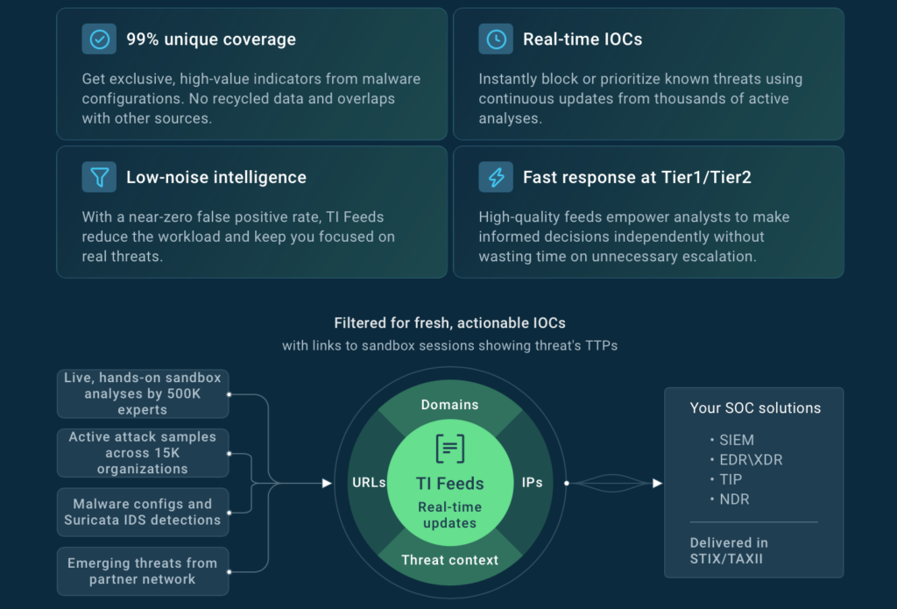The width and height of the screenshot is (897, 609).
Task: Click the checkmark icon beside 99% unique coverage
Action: coord(99,39)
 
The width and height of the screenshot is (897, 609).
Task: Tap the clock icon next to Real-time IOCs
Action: coord(496,39)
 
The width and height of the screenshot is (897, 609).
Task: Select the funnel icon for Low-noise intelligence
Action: coord(99,177)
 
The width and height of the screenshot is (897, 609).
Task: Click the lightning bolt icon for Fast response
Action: coord(496,177)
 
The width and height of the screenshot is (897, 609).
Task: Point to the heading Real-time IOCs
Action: coord(582,39)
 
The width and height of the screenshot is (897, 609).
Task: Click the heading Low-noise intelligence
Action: coord(215,177)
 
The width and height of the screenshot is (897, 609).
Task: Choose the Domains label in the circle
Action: coord(449,405)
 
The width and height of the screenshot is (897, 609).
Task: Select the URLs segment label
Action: coord(369,483)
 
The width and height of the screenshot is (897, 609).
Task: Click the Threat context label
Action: coord(449,560)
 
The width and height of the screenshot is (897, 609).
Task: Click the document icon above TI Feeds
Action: coord(449,450)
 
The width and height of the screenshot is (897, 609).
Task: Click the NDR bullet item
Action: coord(734,499)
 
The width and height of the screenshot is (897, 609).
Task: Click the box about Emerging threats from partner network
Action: coord(143,571)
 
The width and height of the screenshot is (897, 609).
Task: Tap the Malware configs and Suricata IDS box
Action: coord(143,512)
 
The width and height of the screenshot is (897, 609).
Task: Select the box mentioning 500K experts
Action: coord(143,393)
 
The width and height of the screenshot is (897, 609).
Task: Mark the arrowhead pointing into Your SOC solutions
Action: coord(657,483)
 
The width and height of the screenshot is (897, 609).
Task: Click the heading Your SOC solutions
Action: coord(755,408)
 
